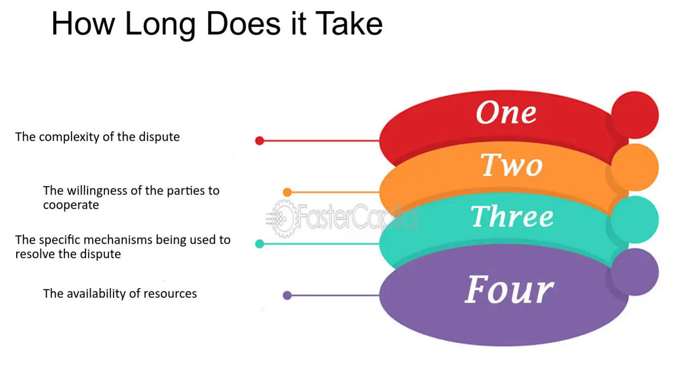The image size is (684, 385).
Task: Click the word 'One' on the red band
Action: point(506,113)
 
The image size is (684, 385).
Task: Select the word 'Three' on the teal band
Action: point(512,217)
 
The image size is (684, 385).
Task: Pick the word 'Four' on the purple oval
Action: point(509,290)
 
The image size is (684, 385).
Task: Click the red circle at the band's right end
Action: point(635,115)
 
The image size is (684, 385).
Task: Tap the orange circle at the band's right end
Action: point(635,167)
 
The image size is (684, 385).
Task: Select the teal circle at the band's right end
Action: point(635,219)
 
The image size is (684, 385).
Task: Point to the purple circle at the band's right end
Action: point(635,272)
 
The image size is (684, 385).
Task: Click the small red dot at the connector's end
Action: point(260,141)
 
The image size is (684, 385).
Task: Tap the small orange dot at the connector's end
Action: point(287,192)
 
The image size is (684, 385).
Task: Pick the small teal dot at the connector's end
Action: point(260,244)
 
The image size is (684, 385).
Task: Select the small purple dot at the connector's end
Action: point(287,295)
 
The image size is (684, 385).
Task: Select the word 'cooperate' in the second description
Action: point(71,205)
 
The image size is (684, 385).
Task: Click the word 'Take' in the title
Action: point(349,23)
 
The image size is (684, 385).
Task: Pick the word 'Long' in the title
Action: point(160,23)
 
